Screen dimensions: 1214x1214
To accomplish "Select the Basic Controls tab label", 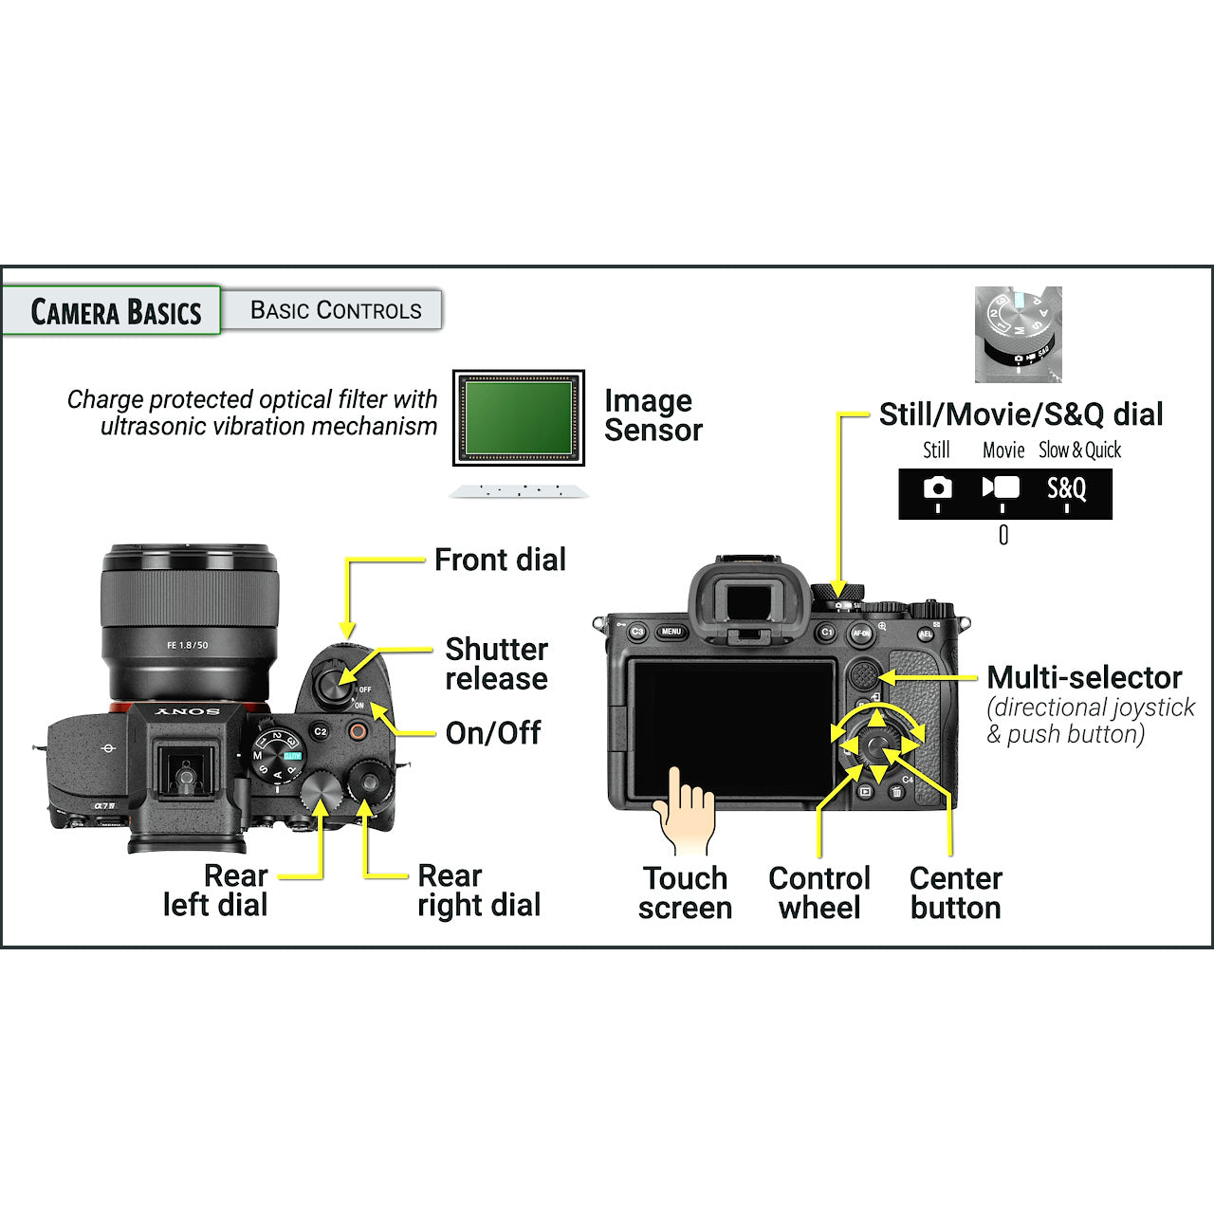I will (335, 310).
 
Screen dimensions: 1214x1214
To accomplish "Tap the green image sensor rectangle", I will (518, 417).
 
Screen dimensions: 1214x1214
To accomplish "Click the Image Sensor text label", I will (653, 415).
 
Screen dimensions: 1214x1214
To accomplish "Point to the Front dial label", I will (500, 560).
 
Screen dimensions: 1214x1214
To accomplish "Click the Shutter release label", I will (496, 664).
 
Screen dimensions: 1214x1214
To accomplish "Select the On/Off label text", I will (492, 732).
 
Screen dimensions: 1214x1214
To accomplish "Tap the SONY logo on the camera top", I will (188, 711).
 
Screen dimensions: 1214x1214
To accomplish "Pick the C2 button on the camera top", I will (321, 731).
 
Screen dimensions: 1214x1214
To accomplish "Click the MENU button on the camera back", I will (671, 632).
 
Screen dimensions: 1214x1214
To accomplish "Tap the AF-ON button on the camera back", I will (861, 633).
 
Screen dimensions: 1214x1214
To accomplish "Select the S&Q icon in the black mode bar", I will (1066, 488).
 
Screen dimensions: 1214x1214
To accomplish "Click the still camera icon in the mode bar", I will (937, 487).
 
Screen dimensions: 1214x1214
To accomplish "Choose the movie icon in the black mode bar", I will (1002, 487).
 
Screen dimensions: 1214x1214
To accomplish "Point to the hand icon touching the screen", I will (686, 811).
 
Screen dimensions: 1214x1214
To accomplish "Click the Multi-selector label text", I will (1083, 677).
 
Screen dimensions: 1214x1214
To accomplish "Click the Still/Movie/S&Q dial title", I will (1021, 414).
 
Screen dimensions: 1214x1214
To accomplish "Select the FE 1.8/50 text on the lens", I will (188, 645).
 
